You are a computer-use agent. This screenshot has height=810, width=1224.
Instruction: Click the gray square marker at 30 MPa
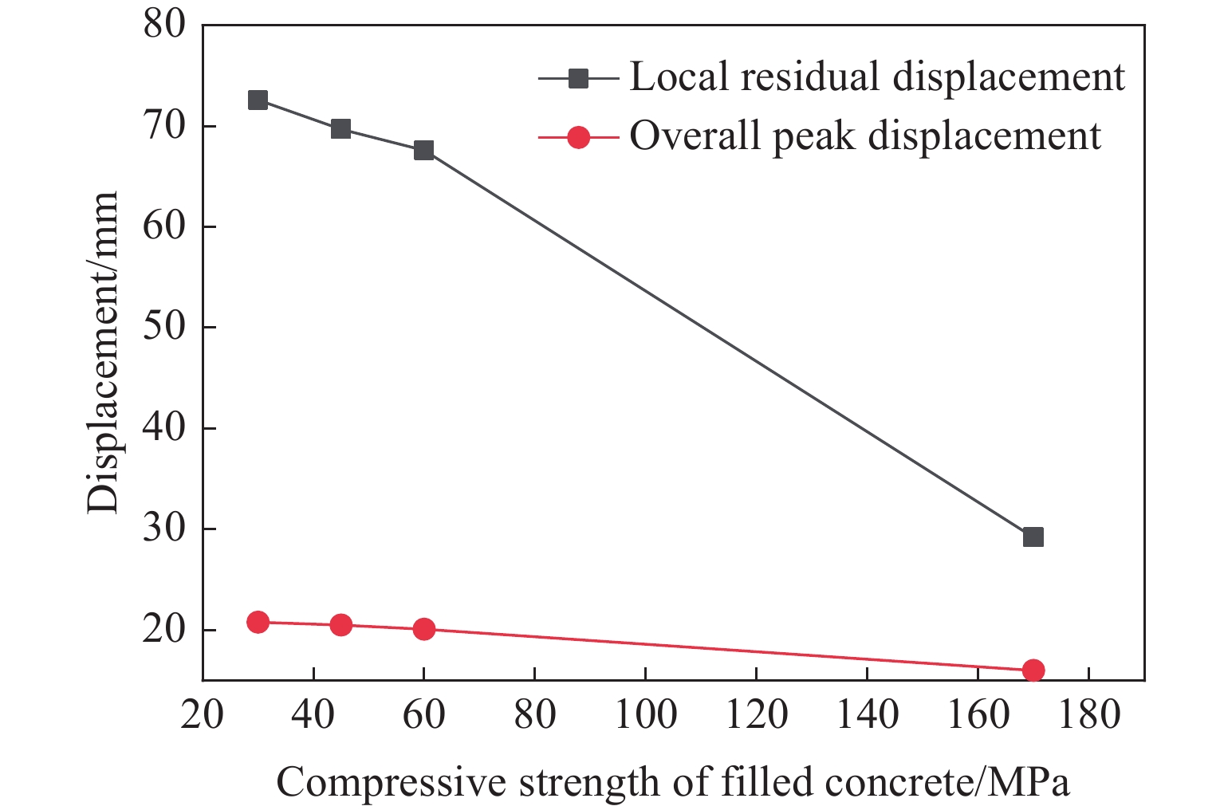(258, 100)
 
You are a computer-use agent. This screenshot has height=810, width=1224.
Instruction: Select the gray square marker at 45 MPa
(340, 128)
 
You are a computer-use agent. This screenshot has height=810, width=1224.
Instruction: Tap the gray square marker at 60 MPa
(423, 150)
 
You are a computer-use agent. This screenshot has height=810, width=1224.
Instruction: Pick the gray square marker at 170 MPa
(1033, 537)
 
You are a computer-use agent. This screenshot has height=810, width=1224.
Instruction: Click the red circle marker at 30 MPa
(258, 622)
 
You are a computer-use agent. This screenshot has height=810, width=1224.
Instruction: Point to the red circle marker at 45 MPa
(340, 625)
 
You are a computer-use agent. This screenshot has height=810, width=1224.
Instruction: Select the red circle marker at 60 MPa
(423, 629)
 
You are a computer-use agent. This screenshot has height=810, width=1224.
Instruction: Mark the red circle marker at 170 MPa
(1033, 670)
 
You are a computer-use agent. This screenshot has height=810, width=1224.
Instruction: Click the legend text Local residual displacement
(877, 77)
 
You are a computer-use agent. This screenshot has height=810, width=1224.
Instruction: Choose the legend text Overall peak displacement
(865, 136)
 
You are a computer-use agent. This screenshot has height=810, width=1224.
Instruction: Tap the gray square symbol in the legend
(578, 78)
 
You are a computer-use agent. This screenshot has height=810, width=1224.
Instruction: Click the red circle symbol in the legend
(578, 137)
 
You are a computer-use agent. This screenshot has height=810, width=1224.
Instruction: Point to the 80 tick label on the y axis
(164, 25)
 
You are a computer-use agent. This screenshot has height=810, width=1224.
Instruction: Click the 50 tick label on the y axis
(164, 327)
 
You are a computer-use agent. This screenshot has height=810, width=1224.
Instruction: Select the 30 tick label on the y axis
(164, 529)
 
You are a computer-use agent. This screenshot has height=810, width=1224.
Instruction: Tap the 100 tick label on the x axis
(645, 714)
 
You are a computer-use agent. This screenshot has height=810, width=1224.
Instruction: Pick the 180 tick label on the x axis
(1088, 714)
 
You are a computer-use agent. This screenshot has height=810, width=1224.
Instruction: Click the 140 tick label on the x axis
(866, 714)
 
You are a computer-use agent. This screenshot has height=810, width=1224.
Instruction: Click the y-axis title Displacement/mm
(104, 352)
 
